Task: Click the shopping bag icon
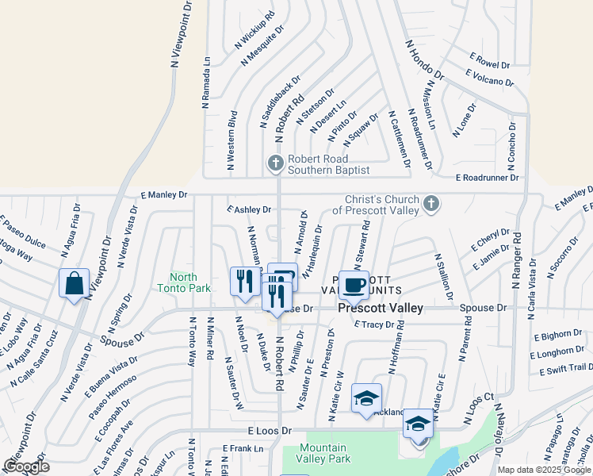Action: (74, 283)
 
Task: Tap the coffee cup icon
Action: (354, 284)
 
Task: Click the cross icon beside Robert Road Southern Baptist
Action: (276, 162)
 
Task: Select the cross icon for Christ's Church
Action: (430, 204)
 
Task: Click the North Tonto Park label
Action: (183, 282)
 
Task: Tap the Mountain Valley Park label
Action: (323, 453)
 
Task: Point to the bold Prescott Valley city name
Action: (381, 308)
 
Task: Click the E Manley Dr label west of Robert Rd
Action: (164, 194)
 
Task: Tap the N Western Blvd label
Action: (232, 140)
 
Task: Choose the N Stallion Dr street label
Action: (442, 276)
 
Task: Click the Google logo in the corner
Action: (26, 466)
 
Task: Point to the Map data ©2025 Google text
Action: (545, 470)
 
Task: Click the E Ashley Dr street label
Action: (249, 209)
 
